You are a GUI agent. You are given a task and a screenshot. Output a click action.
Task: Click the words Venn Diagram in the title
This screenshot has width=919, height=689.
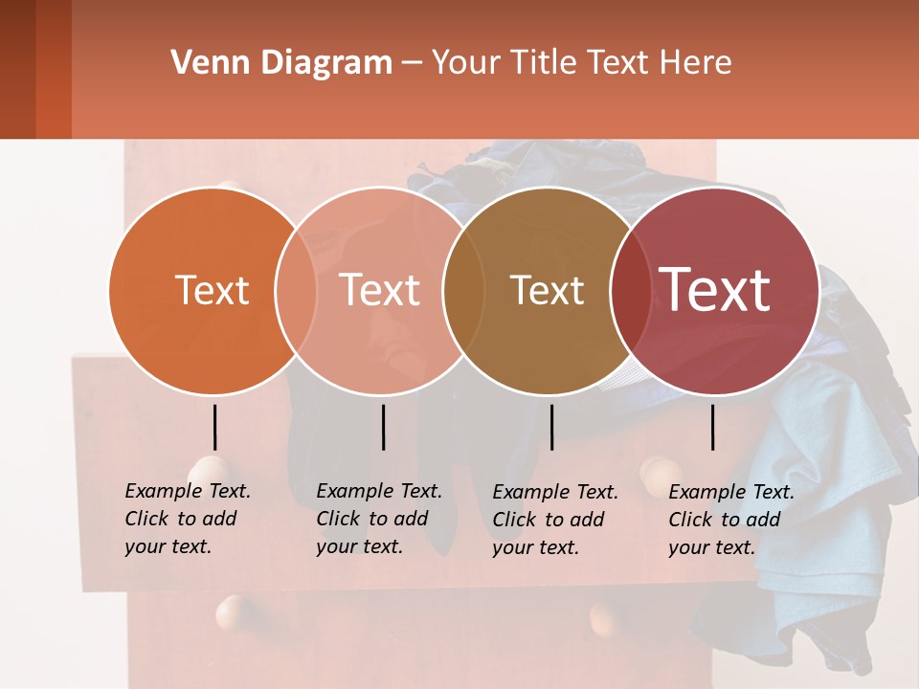281,63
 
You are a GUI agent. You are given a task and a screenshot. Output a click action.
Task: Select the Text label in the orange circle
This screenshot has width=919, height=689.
212,290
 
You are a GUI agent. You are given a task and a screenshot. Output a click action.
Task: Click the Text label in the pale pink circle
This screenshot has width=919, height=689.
379,290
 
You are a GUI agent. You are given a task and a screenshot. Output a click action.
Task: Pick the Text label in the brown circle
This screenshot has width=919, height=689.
547,290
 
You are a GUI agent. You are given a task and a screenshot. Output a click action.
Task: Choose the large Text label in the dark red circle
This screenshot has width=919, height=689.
715,289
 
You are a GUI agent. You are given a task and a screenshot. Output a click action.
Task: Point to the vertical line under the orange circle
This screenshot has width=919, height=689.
214,427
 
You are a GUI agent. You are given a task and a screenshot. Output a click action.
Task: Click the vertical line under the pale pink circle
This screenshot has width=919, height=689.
383,427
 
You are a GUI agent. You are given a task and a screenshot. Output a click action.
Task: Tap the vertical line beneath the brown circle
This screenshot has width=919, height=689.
551,427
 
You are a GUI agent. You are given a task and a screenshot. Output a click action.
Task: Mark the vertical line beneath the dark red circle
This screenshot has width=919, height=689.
713,427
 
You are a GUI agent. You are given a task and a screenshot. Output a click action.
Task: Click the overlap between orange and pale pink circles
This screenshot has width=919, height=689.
296,290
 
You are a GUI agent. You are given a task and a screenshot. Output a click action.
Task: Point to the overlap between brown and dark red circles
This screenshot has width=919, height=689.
628,290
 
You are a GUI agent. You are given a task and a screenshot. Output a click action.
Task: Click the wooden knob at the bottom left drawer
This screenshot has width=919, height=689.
234,612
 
